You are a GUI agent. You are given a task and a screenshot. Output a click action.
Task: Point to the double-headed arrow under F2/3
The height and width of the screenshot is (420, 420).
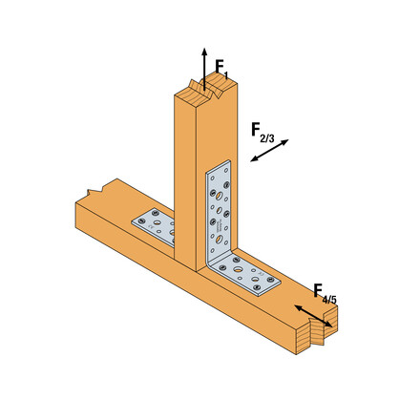click(x=269, y=152)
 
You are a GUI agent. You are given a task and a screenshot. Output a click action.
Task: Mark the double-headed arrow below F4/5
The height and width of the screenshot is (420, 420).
click(x=313, y=317)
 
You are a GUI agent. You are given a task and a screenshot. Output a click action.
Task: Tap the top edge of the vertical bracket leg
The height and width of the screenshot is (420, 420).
click(x=218, y=164)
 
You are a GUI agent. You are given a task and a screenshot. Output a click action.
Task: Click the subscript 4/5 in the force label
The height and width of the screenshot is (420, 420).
click(x=330, y=300)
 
